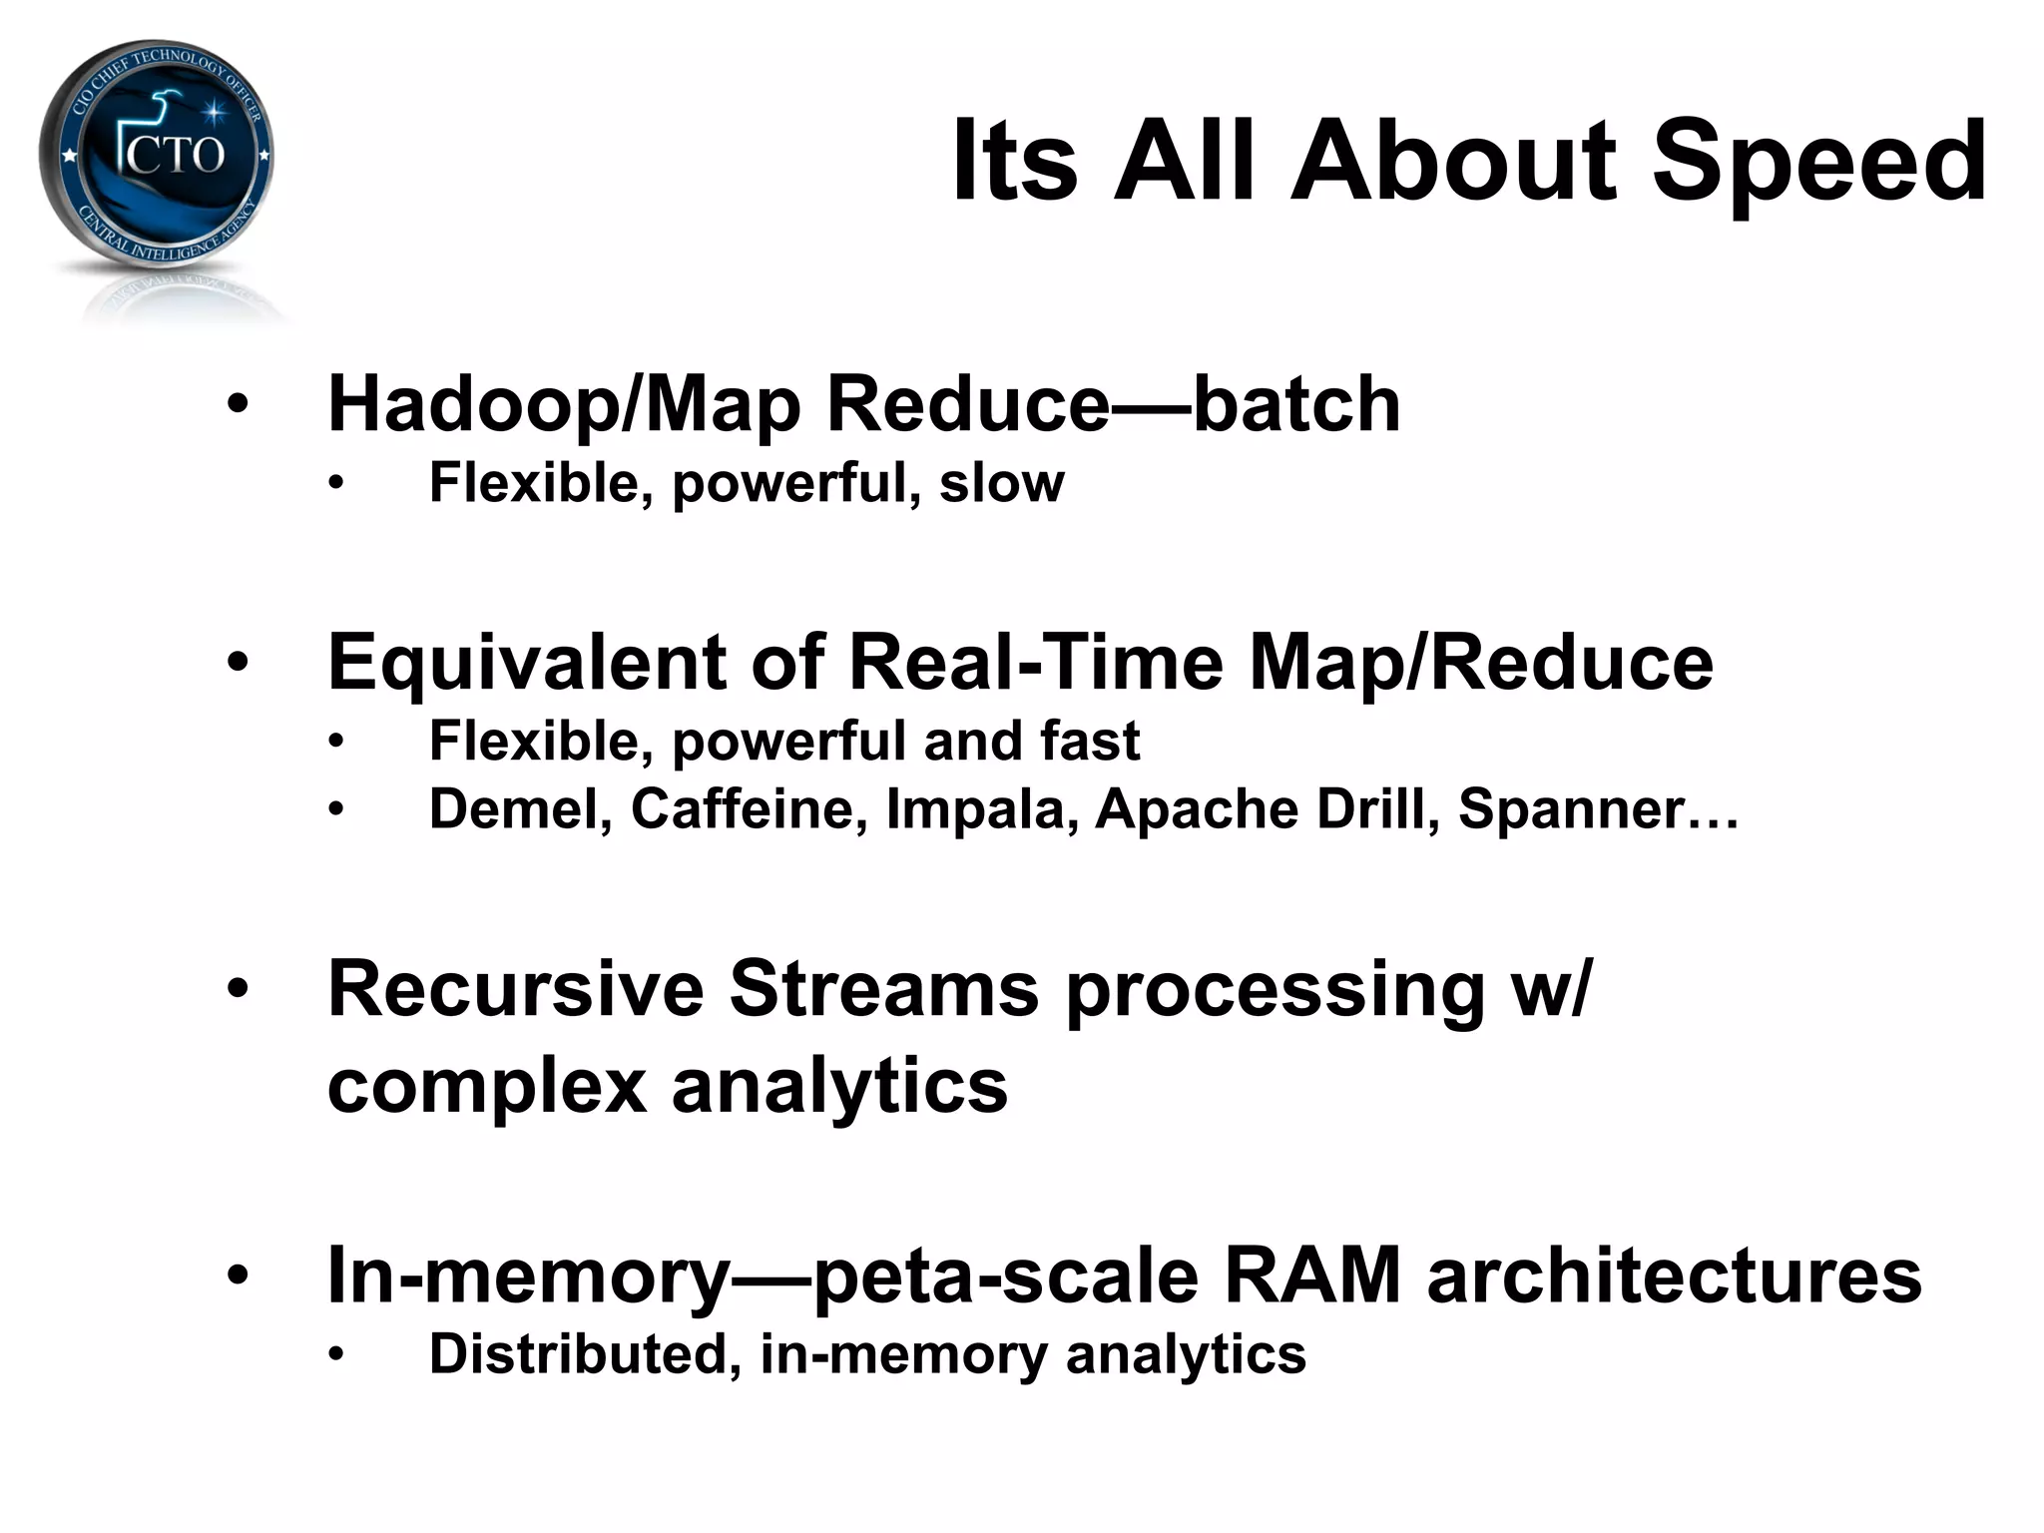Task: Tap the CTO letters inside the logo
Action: coord(175,156)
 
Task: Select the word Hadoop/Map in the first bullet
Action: coord(564,405)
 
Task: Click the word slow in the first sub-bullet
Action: coord(1001,483)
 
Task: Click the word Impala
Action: coord(981,808)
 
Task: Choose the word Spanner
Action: coord(1571,808)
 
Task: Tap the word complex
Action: coord(486,1088)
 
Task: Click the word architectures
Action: coord(1674,1276)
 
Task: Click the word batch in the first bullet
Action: coord(1296,405)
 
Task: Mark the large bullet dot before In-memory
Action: coord(238,1276)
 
